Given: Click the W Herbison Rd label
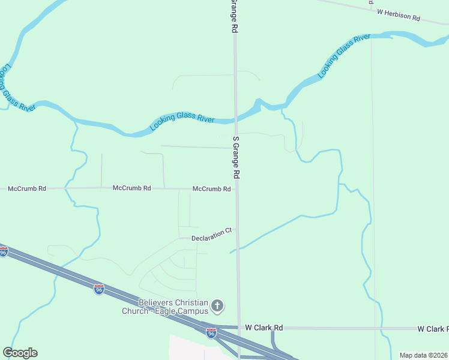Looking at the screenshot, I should pos(398,15).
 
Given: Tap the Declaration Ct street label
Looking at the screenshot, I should pos(211,235).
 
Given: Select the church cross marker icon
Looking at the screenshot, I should pos(217,307).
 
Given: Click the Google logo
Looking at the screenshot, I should pos(20,353).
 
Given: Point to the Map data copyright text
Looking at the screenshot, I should pos(424,355).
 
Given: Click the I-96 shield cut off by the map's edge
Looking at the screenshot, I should pos(3,253).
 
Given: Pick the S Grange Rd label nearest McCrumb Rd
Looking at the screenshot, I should pos(237,157).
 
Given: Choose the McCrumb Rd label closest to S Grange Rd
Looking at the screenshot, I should pos(211,189).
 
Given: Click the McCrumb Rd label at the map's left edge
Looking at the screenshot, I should pos(27,188).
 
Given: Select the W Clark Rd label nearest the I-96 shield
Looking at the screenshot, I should pos(264,328).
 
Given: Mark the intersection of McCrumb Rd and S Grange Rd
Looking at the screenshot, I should pos(237,189).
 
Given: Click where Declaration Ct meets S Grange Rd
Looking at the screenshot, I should pos(237,229).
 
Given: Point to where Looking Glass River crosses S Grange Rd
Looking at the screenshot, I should pos(236,119).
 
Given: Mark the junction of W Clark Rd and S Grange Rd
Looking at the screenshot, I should pos(239,328).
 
